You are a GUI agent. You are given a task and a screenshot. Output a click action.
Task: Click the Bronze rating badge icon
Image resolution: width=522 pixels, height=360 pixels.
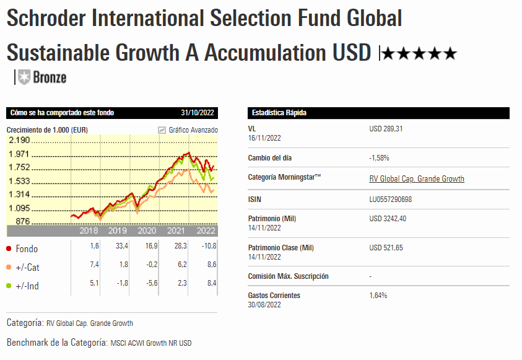[24, 77]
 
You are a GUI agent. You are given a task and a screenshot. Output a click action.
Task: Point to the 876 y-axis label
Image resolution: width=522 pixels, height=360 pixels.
[23, 221]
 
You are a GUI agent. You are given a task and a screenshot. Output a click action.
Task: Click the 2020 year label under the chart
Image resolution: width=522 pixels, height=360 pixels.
[147, 231]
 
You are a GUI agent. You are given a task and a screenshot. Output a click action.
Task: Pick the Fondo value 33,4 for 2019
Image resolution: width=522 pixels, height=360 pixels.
[122, 247]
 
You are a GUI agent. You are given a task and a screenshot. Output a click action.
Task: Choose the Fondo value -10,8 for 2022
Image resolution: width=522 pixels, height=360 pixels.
[209, 247]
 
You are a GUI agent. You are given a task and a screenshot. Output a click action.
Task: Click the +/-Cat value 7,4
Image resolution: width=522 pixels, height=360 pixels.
[94, 265]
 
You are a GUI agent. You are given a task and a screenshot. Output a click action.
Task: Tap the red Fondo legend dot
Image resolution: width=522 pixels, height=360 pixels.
[9, 249]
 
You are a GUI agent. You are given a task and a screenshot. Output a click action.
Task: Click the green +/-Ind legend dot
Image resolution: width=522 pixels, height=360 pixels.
[9, 286]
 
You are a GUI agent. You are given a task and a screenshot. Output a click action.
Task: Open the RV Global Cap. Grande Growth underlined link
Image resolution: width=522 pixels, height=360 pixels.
[416, 179]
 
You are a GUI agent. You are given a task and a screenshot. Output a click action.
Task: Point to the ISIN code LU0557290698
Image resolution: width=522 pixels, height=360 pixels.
[390, 199]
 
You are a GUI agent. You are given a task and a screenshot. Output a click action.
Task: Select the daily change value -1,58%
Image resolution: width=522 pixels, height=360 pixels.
[379, 158]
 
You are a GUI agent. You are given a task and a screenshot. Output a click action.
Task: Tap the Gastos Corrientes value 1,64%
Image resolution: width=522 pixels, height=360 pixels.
[378, 296]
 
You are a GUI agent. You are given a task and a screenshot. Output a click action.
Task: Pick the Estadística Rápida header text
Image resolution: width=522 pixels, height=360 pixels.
[279, 113]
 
